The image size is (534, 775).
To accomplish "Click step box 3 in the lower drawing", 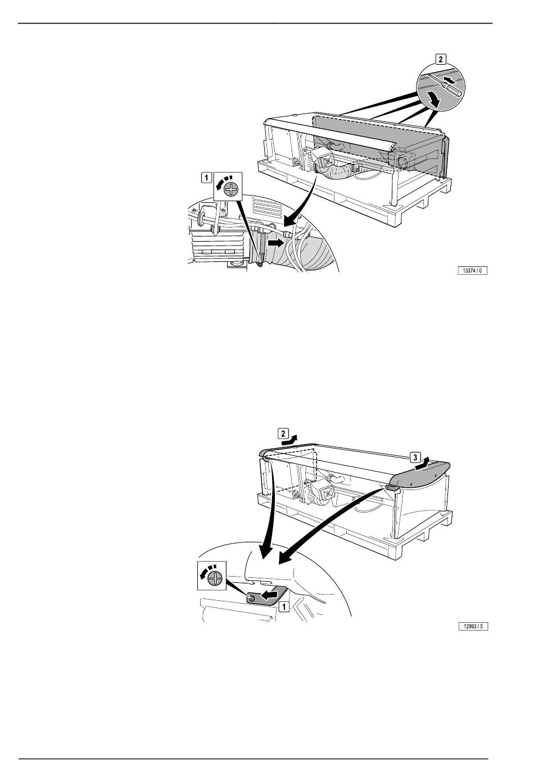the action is click(x=415, y=457).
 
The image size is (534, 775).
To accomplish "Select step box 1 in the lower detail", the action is click(x=284, y=606).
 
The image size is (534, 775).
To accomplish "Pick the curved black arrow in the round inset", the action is click(x=435, y=99).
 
